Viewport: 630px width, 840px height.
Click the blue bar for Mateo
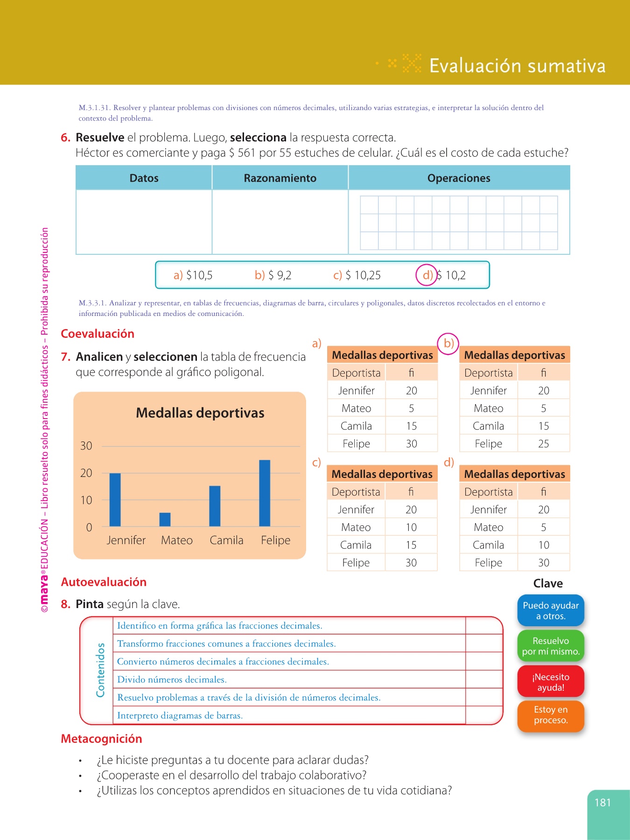tap(165, 519)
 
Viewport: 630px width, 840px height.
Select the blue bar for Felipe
tap(265, 493)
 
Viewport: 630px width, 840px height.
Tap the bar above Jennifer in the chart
tap(115, 500)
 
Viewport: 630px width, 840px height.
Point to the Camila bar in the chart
tap(215, 506)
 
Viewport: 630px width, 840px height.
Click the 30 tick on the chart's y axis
tap(86, 446)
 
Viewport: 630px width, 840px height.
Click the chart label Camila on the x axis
tap(226, 540)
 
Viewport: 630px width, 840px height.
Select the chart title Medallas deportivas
tap(200, 413)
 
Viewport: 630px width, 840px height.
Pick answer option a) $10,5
tap(193, 275)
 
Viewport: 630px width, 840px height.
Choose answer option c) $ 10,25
tap(357, 275)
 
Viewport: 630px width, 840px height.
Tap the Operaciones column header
tap(459, 178)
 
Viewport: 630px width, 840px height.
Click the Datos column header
tap(144, 178)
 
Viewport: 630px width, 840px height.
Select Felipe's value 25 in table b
tap(544, 444)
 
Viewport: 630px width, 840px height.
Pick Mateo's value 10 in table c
tap(411, 527)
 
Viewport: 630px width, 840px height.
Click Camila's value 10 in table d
tap(544, 545)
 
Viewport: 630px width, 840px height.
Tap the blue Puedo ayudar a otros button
tap(551, 610)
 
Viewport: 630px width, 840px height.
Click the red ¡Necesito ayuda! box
tap(551, 682)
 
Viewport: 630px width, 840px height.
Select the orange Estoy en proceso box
tap(551, 715)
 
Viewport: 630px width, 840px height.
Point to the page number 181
tap(602, 802)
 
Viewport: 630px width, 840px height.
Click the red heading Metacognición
tap(101, 739)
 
